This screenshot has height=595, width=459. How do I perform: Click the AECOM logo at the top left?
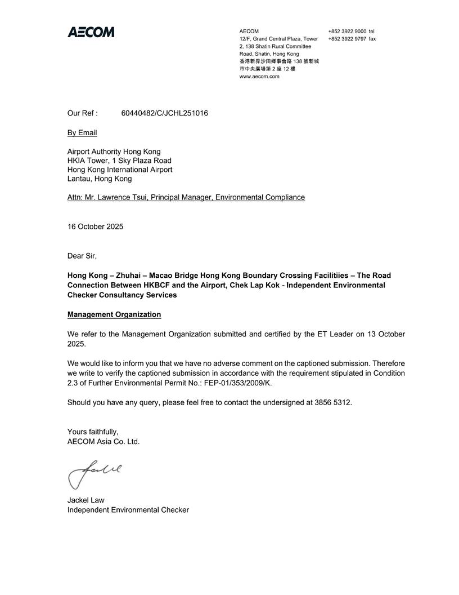click(91, 32)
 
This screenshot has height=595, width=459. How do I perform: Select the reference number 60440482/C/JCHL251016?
click(164, 113)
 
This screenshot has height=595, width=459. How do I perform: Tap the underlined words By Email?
click(82, 133)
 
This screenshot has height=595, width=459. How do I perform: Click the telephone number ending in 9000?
click(347, 31)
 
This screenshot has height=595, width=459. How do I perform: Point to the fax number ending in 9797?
click(347, 39)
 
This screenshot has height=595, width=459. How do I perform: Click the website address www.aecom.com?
click(259, 77)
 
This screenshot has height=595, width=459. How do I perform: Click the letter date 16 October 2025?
click(95, 227)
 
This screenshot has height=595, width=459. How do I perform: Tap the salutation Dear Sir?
click(82, 256)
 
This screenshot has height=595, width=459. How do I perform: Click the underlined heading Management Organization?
click(114, 314)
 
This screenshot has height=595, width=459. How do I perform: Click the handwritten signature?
click(93, 473)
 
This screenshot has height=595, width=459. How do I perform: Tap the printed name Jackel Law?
click(85, 500)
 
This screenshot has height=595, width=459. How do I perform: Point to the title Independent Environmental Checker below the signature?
click(128, 510)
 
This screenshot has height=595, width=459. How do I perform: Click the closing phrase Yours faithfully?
click(93, 432)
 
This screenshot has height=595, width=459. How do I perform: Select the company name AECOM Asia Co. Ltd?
click(103, 442)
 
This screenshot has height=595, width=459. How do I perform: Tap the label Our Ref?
click(82, 113)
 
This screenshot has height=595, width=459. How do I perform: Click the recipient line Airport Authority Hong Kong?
click(114, 152)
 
